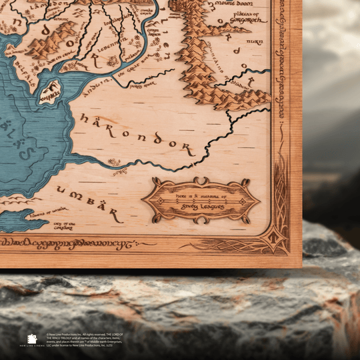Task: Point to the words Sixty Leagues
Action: pyautogui.click(x=201, y=207)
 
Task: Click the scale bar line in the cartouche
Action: pyautogui.click(x=201, y=201)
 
